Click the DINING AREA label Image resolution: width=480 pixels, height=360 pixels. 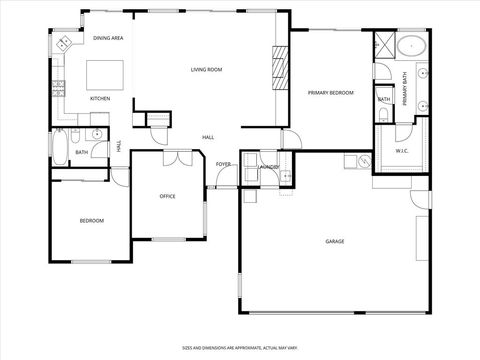click(x=108, y=37)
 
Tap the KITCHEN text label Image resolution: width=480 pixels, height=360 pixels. click(x=100, y=99)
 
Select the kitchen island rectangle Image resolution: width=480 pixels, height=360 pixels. click(x=105, y=75)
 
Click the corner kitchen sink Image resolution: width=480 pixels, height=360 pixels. click(x=63, y=43)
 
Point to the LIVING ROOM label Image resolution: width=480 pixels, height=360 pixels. click(x=206, y=69)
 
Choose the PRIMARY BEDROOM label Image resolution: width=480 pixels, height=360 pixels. click(x=331, y=92)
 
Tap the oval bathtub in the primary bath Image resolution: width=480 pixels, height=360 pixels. click(x=412, y=46)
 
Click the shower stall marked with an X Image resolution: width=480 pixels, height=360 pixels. click(x=383, y=47)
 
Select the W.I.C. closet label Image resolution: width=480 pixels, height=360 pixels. click(x=402, y=152)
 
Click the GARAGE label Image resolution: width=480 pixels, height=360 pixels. click(x=334, y=241)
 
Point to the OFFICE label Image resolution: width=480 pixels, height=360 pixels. click(x=168, y=196)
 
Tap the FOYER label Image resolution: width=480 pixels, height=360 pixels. click(x=223, y=164)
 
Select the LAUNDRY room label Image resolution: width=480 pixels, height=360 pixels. click(x=268, y=165)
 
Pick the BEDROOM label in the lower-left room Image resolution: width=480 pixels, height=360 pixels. click(x=92, y=220)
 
